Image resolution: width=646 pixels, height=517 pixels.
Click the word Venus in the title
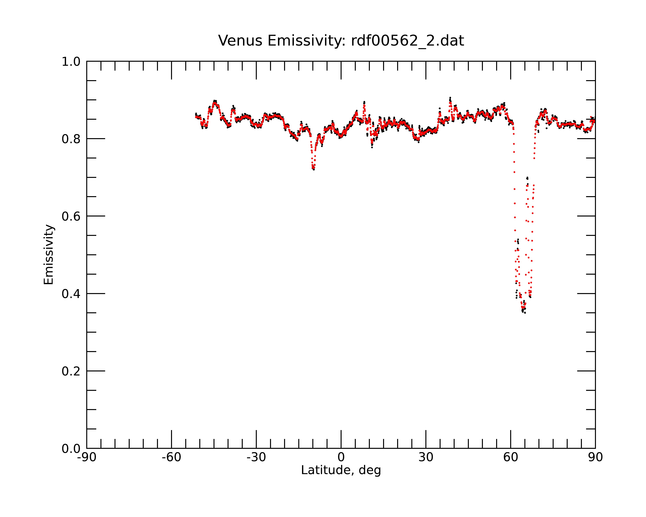pos(240,41)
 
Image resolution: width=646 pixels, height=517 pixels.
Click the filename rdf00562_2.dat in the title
pos(407,41)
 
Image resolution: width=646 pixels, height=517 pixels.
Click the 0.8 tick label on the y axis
pos(71,139)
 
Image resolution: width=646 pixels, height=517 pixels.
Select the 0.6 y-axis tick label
pos(71,216)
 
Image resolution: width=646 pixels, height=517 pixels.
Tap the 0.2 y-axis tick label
pos(71,371)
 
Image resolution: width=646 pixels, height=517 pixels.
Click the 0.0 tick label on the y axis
pos(71,449)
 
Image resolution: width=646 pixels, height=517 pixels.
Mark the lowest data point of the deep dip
pos(525,313)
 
